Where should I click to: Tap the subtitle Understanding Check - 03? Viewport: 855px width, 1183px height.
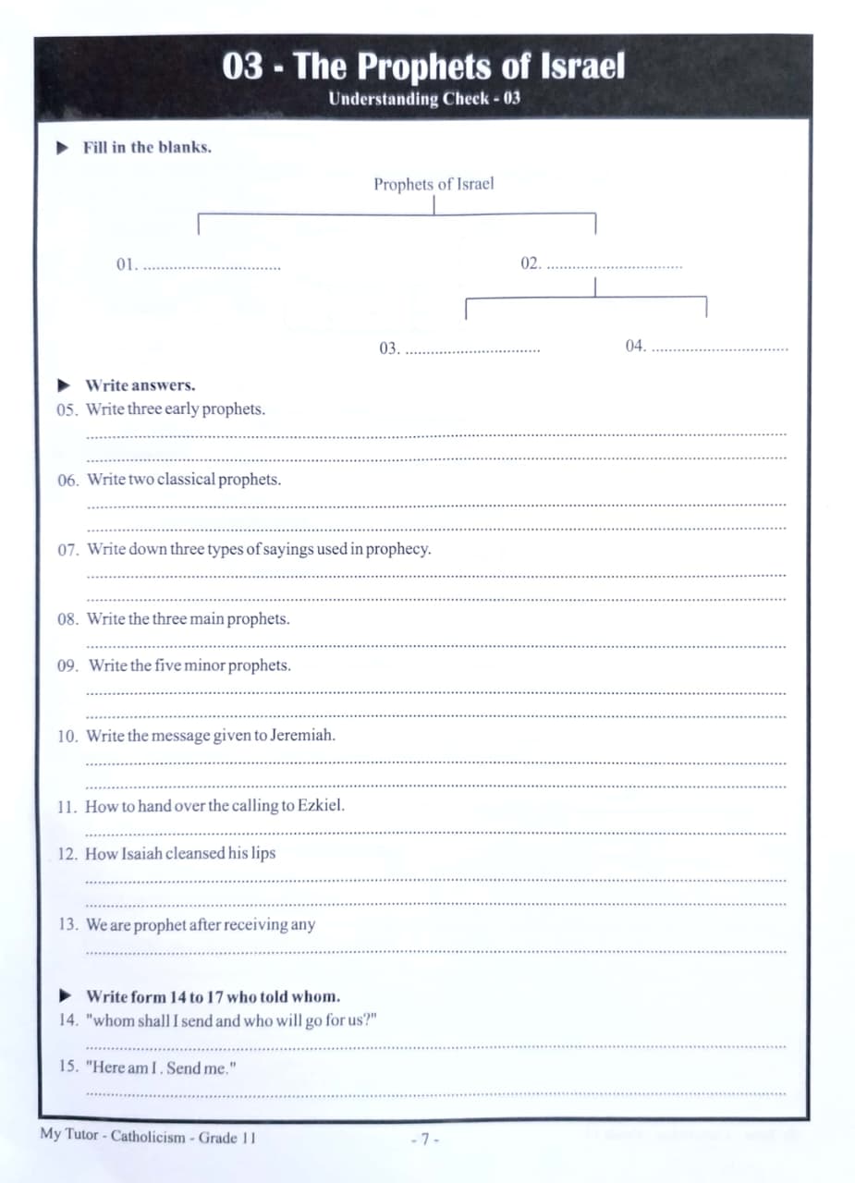tap(424, 99)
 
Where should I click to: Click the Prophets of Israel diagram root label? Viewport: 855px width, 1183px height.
tap(434, 184)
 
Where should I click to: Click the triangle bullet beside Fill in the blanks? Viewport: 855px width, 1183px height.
tap(63, 147)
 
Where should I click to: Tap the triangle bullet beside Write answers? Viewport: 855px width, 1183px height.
tap(64, 384)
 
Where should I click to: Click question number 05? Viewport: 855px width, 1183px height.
tap(68, 409)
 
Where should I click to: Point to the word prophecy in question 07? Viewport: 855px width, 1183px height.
tap(398, 549)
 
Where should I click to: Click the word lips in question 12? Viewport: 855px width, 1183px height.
tap(263, 853)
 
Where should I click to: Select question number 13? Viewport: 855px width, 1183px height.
tap(68, 924)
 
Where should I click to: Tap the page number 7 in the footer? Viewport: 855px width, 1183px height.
tap(424, 1139)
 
